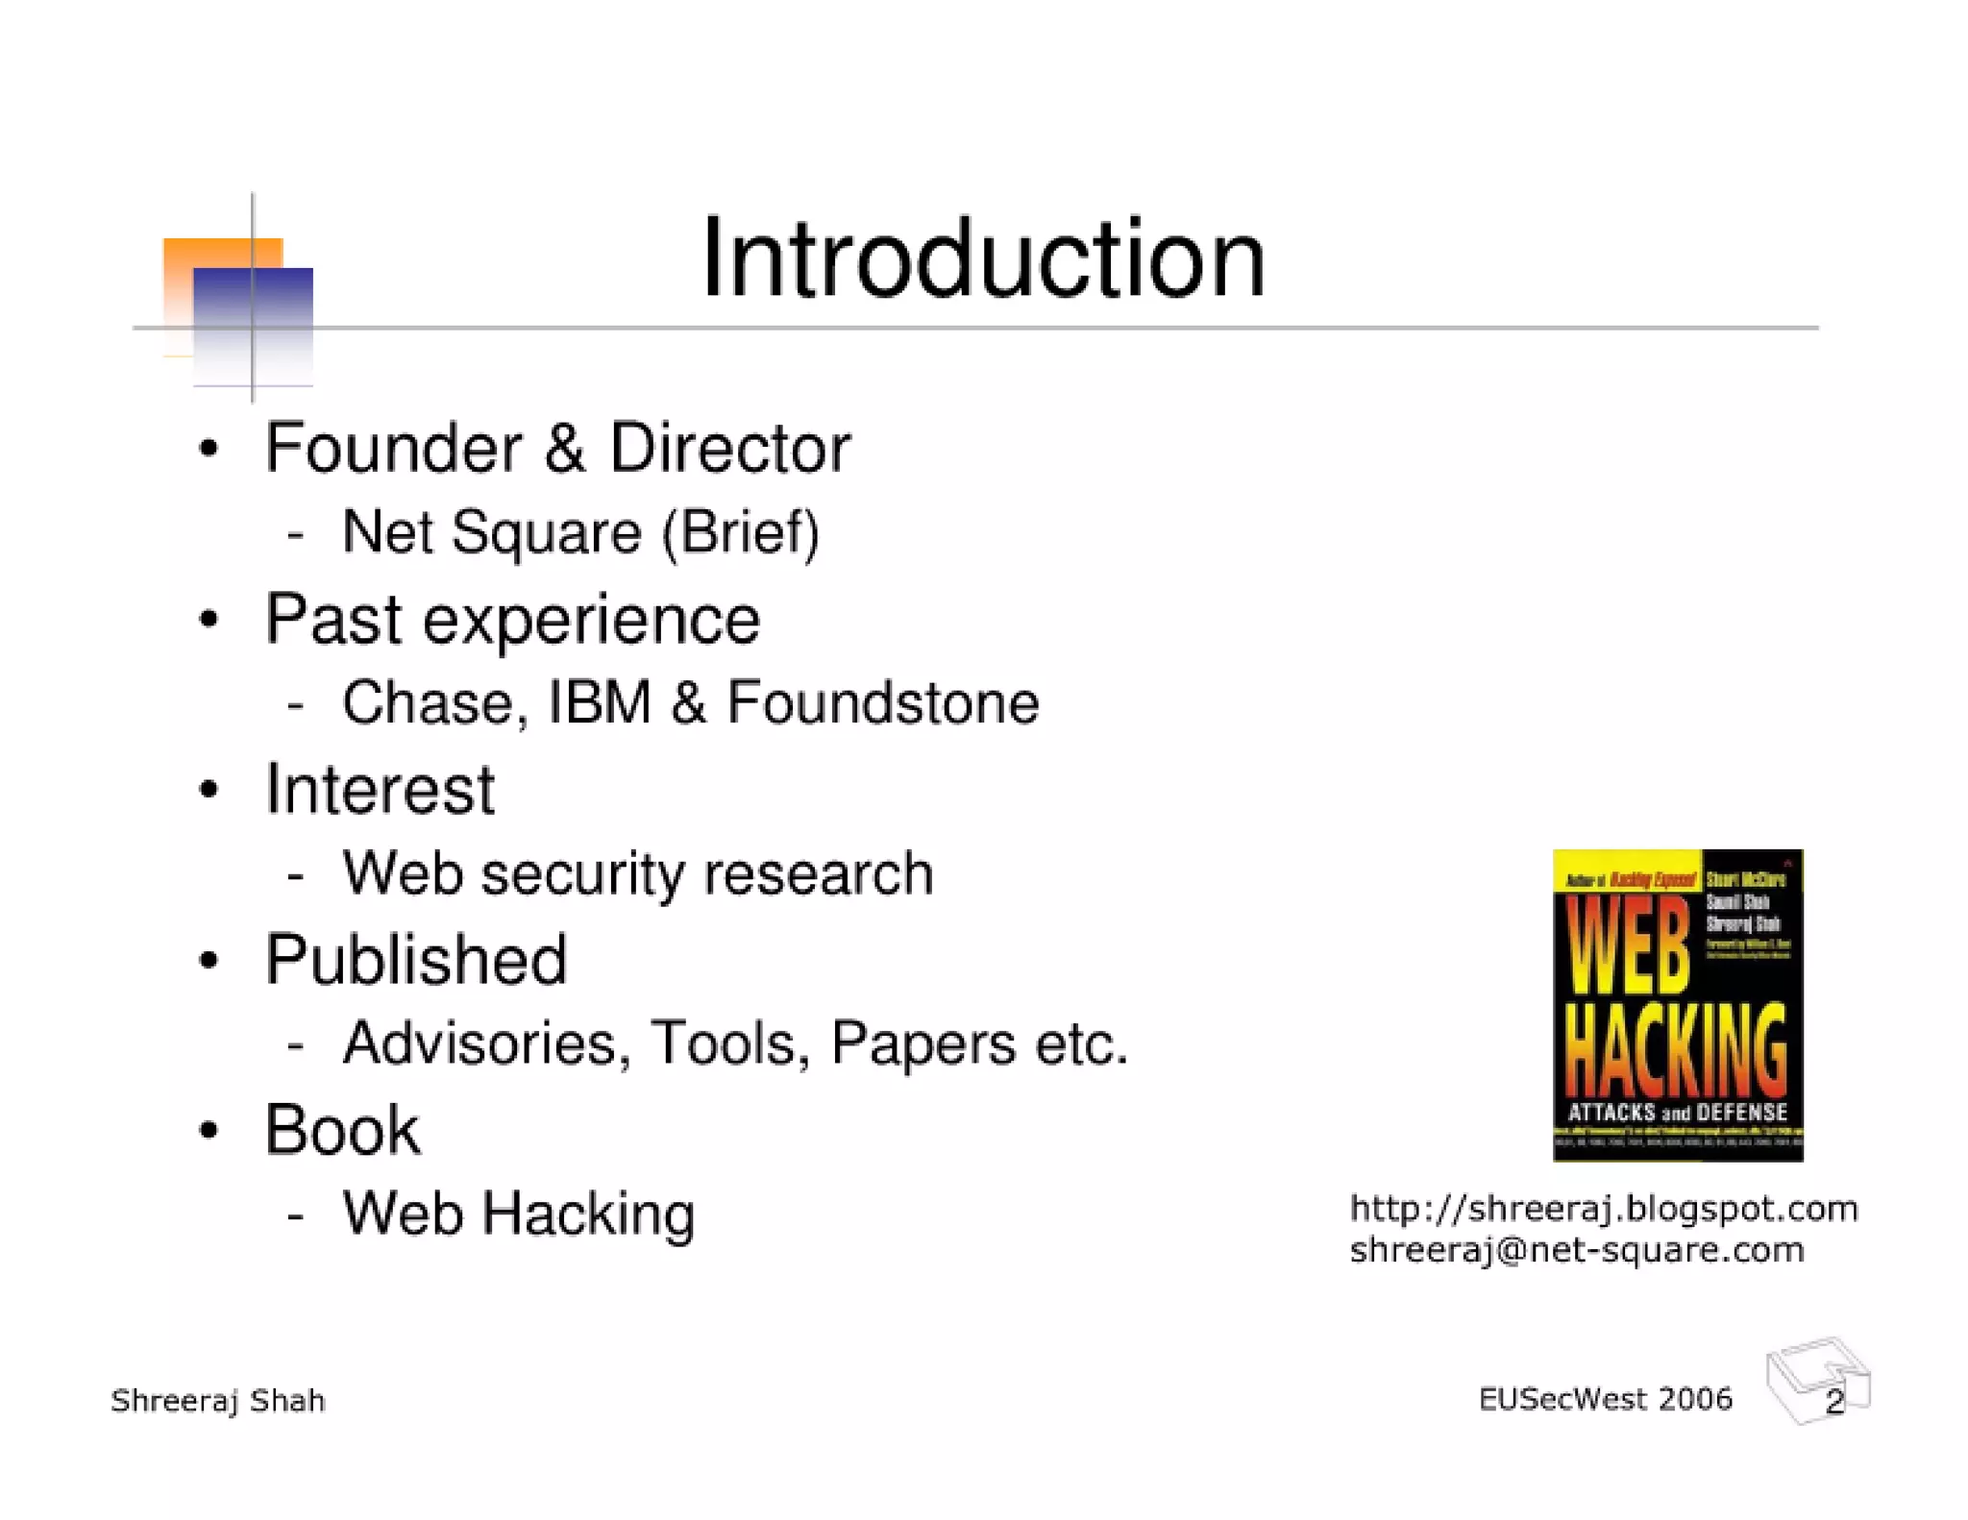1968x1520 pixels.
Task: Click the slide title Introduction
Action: coord(983,258)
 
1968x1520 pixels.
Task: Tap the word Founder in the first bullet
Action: coord(393,449)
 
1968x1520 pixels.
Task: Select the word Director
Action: coord(729,449)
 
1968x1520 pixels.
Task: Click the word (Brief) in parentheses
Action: coord(740,533)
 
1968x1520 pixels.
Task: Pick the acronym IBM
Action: coord(600,703)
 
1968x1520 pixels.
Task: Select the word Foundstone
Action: coord(882,703)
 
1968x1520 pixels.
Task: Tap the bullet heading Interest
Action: coord(380,790)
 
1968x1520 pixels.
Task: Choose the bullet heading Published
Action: coord(416,960)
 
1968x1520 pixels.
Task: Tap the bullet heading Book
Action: coord(342,1130)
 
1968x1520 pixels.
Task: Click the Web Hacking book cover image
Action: coord(1677,1005)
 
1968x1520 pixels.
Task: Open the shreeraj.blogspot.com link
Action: coord(1603,1209)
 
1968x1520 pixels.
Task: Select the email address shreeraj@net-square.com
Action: coord(1576,1251)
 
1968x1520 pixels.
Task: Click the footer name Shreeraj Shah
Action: coord(218,1401)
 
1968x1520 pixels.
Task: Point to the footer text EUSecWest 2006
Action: coord(1605,1400)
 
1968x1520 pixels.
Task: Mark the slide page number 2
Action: coord(1833,1403)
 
